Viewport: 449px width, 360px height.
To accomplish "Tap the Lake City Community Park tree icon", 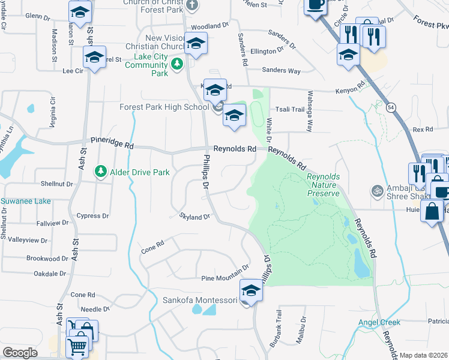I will coord(177,64).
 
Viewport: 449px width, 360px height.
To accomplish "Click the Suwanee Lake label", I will coord(25,201).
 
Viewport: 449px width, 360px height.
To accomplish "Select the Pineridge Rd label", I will coord(112,142).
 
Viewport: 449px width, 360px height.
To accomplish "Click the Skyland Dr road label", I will coord(195,217).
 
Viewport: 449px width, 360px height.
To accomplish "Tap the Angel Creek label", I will coord(379,322).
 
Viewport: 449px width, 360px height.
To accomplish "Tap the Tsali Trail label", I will coord(291,109).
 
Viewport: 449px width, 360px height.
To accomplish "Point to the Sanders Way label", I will coord(282,70).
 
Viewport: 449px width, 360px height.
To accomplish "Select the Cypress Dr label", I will coord(93,215).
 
